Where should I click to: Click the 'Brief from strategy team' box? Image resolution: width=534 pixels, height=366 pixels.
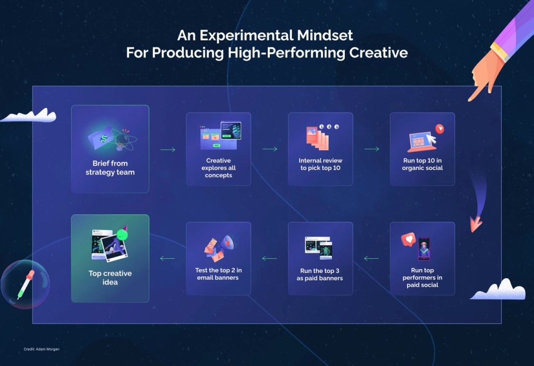pos(110,149)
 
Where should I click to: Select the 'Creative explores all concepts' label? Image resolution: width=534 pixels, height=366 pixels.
pos(218,168)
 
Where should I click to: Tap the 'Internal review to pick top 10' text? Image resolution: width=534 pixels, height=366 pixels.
pos(320,164)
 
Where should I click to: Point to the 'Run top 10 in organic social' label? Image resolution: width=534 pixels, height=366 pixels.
pos(422,164)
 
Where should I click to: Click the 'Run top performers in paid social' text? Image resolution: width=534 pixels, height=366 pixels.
pos(422,277)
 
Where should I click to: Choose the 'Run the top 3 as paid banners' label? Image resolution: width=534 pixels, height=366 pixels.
pos(320,274)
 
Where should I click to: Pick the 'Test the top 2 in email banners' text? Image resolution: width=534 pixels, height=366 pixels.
pos(218,274)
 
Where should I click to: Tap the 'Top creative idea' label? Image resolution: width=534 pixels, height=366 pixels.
pos(110,277)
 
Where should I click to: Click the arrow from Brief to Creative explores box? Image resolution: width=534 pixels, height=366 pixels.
pos(167,150)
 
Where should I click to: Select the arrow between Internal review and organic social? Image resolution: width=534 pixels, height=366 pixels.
pos(371,149)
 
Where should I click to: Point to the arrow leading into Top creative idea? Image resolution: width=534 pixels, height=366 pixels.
pos(167,258)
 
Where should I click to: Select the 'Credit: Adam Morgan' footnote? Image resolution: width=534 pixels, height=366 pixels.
pos(41,350)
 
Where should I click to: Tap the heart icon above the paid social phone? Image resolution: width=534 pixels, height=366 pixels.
pos(407,239)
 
